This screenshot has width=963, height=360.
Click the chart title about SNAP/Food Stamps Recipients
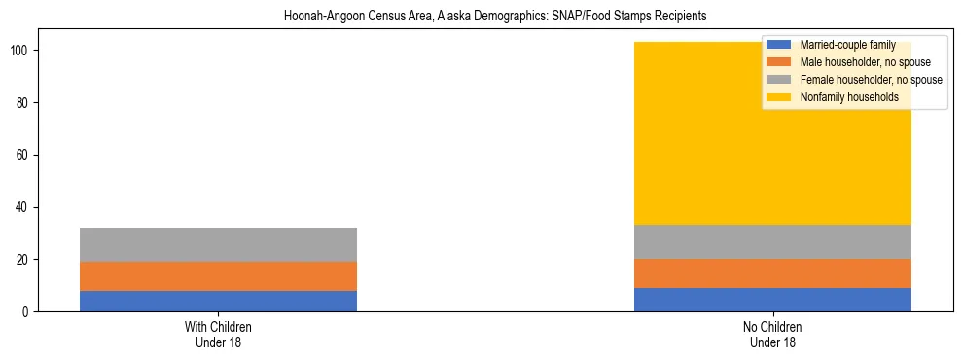495,17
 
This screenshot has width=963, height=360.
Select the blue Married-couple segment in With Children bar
218,301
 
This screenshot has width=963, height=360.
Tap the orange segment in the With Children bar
218,276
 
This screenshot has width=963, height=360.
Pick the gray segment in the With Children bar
218,244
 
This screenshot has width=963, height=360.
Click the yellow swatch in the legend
779,97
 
